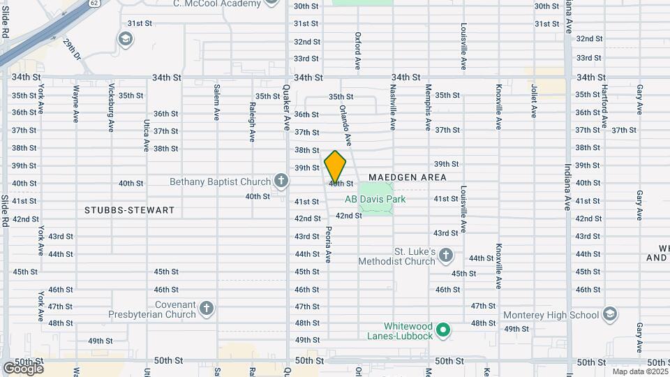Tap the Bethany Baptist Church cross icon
[281, 182]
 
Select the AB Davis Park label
[375, 199]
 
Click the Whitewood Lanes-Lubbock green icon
[442, 329]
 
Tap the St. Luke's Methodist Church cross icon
[447, 256]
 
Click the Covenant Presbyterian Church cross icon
[206, 308]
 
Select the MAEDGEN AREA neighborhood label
[408, 178]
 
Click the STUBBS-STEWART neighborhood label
[129, 209]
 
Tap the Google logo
[22, 367]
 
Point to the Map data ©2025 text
[639, 372]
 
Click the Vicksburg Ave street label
[111, 108]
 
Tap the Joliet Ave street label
[534, 101]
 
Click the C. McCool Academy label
[217, 3]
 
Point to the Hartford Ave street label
[604, 108]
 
